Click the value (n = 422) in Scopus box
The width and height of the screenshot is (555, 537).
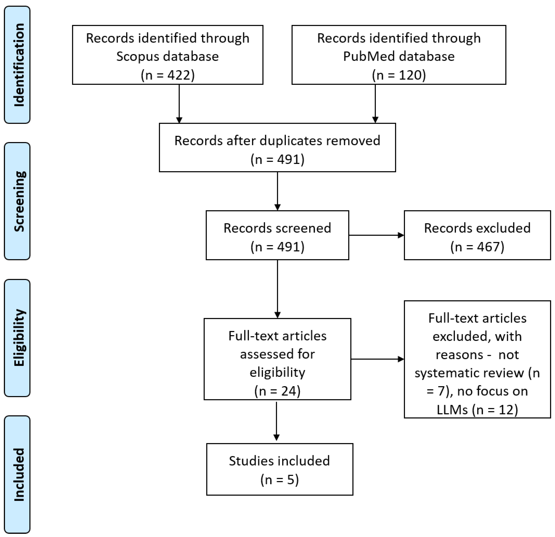(x=168, y=75)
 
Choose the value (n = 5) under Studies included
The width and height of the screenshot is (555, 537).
(x=279, y=480)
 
